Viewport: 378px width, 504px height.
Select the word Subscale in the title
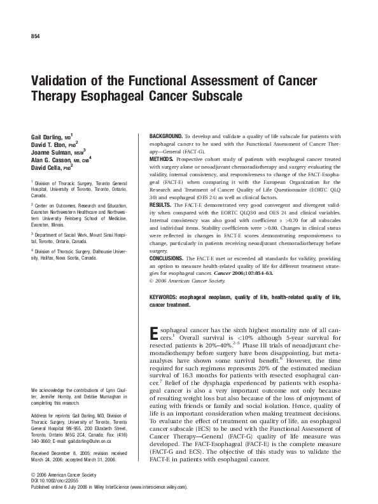pos(220,99)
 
